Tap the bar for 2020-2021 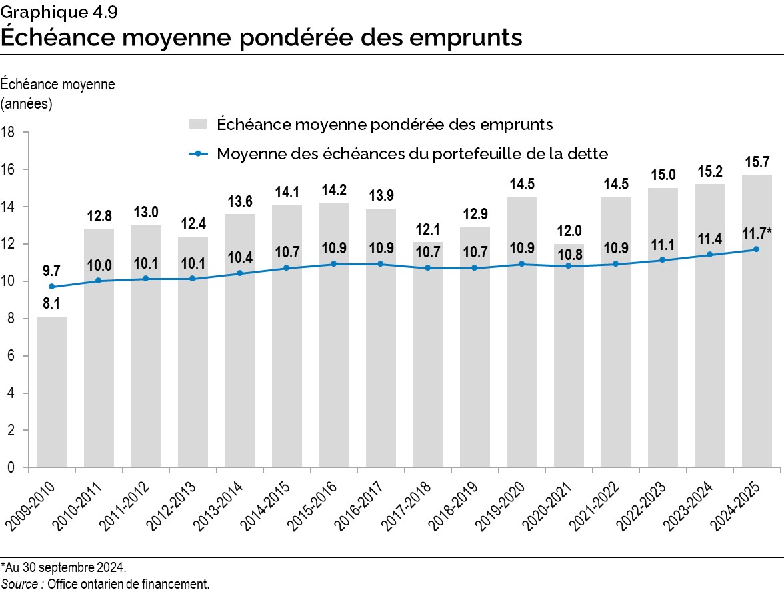[568, 373]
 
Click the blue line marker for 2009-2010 [51, 287]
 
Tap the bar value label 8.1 [51, 304]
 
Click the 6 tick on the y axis [12, 356]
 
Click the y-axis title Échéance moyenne [58, 85]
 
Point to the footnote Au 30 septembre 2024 [64, 567]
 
